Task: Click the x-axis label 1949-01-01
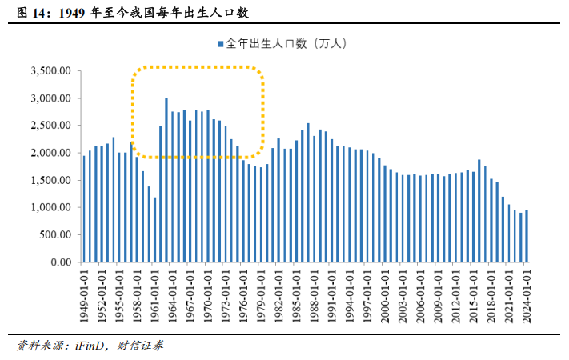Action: click(x=85, y=296)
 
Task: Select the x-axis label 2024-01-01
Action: click(x=527, y=296)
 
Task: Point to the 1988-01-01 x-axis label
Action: click(x=315, y=296)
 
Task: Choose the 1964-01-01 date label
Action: click(x=173, y=296)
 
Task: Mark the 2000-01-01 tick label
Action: click(x=385, y=296)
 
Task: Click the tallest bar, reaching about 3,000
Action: click(x=166, y=180)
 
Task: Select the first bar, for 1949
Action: click(x=84, y=209)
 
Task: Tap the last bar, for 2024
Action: click(x=527, y=236)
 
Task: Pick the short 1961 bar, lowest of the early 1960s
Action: click(x=154, y=230)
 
